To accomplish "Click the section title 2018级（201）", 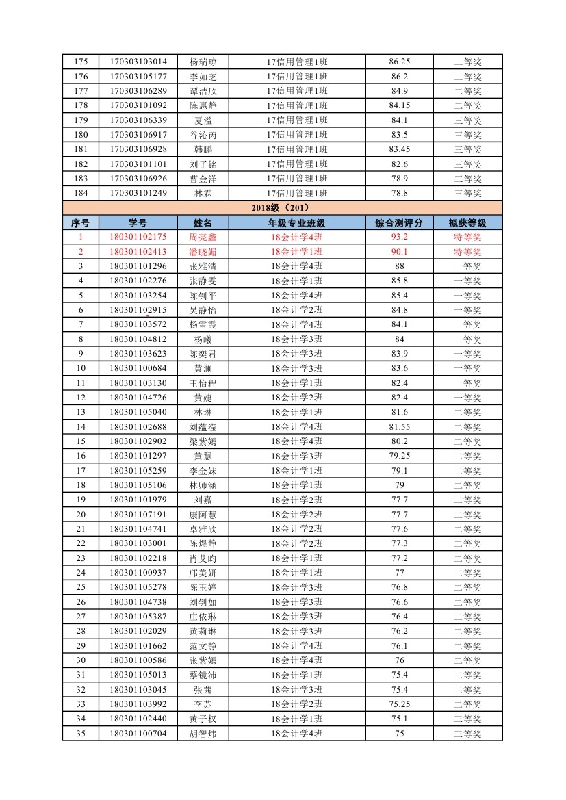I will click(283, 208).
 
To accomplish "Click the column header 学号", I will click(138, 222).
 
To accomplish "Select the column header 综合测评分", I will click(399, 222).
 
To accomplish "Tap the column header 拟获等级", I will click(467, 222).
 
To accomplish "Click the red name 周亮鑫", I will click(203, 237).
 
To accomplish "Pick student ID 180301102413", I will click(138, 252).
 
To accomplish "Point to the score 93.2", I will click(399, 237).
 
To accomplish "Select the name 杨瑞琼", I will click(203, 62).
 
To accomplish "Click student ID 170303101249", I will click(138, 193).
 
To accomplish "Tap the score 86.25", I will click(399, 62).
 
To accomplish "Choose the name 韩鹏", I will click(203, 149).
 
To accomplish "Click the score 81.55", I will click(399, 427).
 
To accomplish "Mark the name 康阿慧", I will click(203, 515).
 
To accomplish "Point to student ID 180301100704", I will click(138, 734).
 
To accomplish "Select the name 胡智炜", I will click(203, 734).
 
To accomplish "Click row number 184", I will click(80, 193).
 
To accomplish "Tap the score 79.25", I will click(399, 456).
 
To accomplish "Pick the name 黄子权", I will click(203, 719).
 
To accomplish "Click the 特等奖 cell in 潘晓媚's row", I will click(467, 252).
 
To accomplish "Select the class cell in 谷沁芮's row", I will click(296, 135).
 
